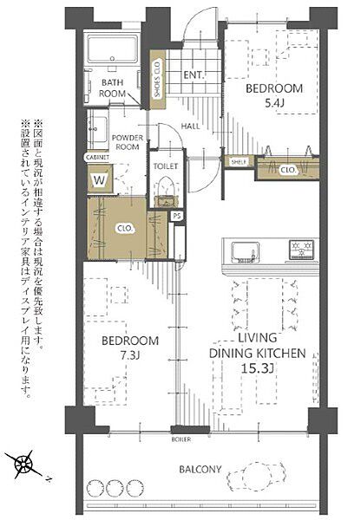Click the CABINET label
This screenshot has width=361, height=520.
point(96,159)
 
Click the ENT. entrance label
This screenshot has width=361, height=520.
point(193,75)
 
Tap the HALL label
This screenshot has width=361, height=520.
point(192,127)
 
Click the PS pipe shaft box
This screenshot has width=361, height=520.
point(177,216)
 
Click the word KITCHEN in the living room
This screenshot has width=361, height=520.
point(278,353)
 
